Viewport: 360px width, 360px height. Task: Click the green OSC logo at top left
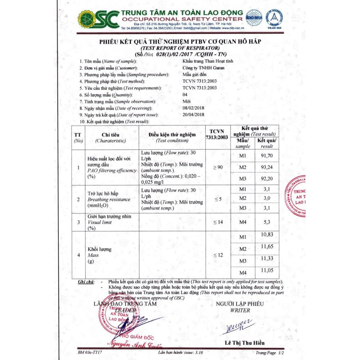98,19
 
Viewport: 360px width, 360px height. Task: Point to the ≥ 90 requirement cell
218,167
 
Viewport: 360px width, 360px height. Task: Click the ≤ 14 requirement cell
218,222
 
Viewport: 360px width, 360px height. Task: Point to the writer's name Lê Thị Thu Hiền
244,343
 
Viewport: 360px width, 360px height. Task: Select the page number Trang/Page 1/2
270,352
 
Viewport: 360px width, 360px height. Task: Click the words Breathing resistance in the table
109,199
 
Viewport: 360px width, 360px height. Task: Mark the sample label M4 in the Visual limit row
243,222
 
